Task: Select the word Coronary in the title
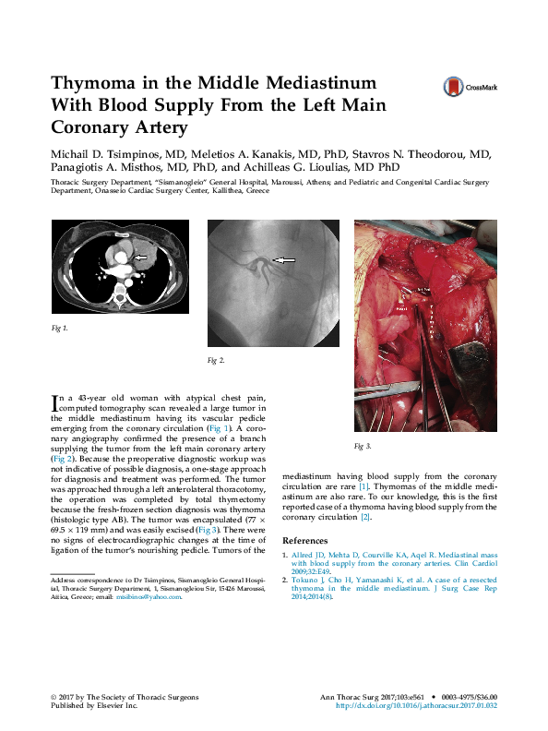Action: [x=92, y=127]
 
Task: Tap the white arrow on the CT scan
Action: [x=141, y=256]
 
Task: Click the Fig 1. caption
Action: [x=59, y=328]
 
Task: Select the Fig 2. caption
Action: [x=216, y=359]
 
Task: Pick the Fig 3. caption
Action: [x=363, y=446]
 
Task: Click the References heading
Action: [x=310, y=541]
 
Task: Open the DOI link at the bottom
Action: [x=416, y=705]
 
